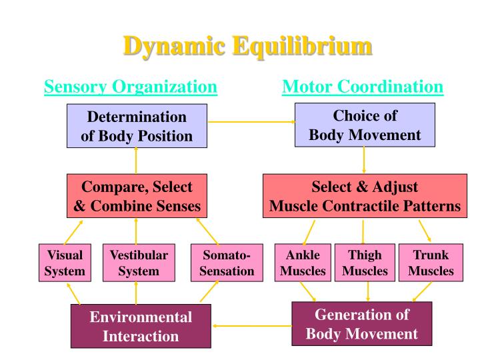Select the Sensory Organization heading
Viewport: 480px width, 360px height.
coord(130,87)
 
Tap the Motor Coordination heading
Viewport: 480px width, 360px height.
coord(363,87)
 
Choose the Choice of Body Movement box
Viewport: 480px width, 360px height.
coord(365,125)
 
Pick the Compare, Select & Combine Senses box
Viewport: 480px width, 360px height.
coord(136,196)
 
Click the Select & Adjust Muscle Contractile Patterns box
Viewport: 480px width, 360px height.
coord(365,196)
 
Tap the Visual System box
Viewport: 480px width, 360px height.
coord(65,263)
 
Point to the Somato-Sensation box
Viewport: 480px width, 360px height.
coord(222,263)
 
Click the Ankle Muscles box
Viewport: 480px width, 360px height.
coord(303,263)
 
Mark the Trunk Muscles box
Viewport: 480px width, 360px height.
coord(431,263)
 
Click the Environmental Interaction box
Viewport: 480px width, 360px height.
coord(141,327)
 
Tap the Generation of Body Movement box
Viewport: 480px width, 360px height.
coord(362,324)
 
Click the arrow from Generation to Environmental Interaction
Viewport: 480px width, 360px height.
coord(252,326)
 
